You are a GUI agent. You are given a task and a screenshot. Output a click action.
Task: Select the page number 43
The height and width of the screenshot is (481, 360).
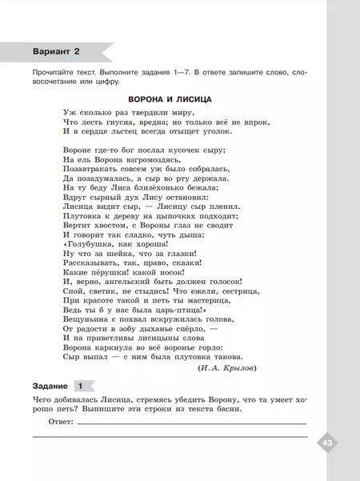pos(326,443)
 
